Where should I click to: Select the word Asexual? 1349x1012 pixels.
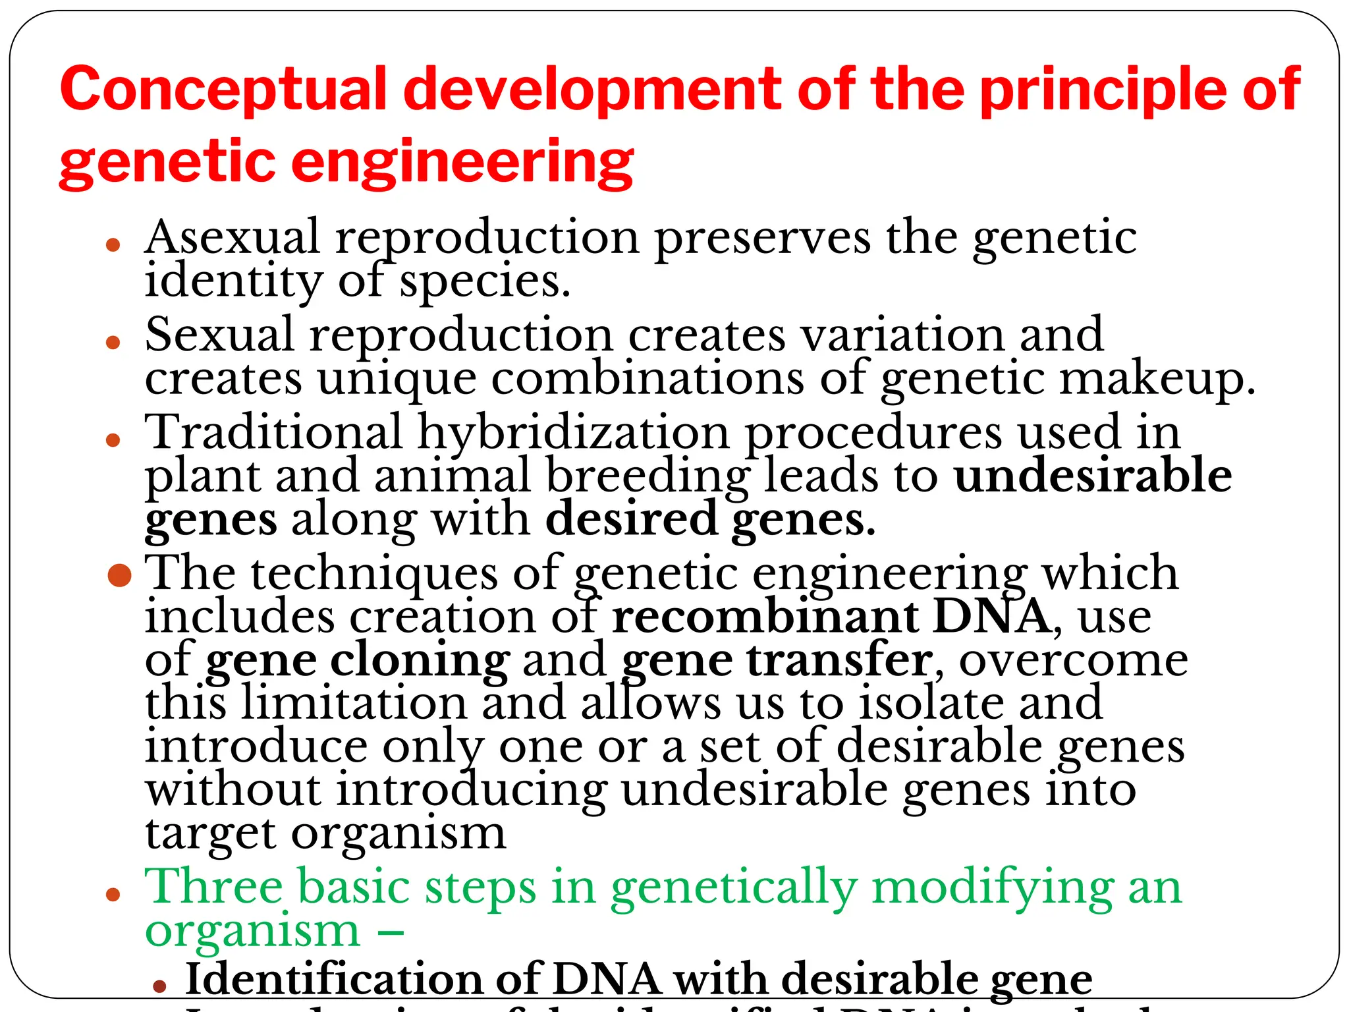(232, 237)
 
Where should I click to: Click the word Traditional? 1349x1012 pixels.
(273, 432)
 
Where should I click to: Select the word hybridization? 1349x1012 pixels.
(573, 434)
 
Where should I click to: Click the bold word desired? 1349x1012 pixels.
(631, 519)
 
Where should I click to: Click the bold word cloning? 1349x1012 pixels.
(420, 660)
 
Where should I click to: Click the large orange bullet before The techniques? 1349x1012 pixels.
(120, 575)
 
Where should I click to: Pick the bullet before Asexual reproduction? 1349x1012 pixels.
(113, 245)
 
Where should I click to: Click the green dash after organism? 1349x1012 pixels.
(391, 932)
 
